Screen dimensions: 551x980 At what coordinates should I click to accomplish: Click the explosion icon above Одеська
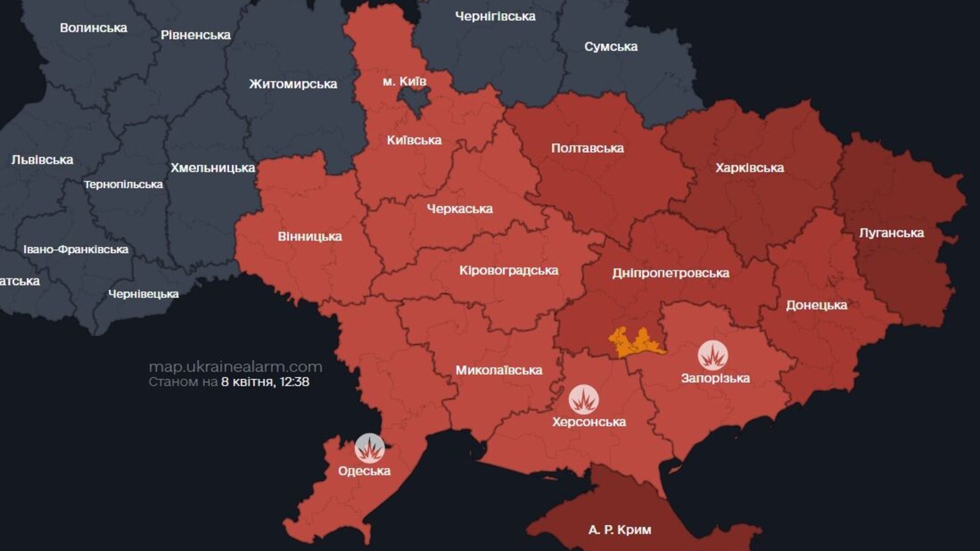tap(370, 448)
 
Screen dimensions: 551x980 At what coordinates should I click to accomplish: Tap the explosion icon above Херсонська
tap(584, 399)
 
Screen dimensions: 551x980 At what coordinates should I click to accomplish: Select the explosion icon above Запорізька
tap(713, 355)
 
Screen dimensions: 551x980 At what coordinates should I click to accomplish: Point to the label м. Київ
tap(404, 81)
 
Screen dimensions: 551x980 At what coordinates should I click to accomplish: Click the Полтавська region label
tap(587, 148)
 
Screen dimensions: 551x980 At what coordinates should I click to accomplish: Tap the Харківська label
tap(749, 168)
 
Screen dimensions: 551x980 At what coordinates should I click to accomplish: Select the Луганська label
tap(891, 233)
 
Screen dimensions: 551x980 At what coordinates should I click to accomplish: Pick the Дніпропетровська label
tap(670, 273)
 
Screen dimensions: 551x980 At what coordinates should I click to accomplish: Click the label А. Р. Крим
tap(619, 530)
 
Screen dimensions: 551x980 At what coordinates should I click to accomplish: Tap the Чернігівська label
tap(495, 16)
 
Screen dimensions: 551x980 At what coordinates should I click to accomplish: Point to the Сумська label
tap(610, 47)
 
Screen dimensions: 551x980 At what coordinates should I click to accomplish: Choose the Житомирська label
tap(293, 84)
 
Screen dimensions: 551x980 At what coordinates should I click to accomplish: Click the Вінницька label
tap(310, 236)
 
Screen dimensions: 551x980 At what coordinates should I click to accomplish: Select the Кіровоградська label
tap(509, 270)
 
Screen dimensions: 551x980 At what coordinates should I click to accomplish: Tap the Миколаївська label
tap(499, 370)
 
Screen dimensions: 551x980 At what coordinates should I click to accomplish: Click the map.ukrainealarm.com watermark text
tap(235, 367)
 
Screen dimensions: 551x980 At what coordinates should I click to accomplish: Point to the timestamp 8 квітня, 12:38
tap(265, 382)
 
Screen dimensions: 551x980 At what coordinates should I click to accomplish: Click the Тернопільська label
tap(123, 184)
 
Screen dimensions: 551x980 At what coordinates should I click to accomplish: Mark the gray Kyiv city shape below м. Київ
tap(413, 100)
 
